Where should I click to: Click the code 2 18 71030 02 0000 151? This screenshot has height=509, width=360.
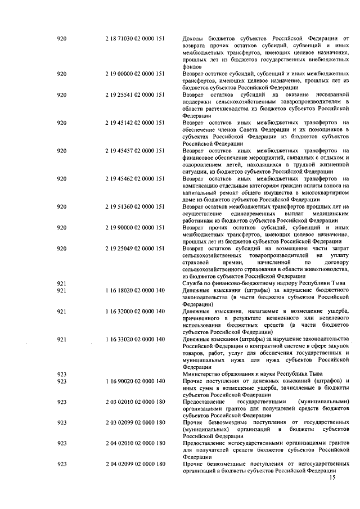click(134, 38)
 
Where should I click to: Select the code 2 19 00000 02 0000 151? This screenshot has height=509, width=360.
click(134, 74)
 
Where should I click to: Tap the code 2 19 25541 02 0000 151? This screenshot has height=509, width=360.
click(134, 95)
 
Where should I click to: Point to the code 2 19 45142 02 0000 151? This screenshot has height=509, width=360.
click(134, 123)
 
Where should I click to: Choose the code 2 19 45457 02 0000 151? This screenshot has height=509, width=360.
click(134, 151)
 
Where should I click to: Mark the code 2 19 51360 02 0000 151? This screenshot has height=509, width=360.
click(134, 207)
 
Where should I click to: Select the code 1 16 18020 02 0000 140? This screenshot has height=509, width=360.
click(134, 290)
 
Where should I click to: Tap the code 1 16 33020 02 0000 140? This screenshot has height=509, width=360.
click(134, 339)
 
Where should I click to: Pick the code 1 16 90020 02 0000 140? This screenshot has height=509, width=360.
click(134, 381)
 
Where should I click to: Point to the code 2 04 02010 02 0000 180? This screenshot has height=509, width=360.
click(134, 443)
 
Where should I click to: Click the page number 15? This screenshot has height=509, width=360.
click(331, 478)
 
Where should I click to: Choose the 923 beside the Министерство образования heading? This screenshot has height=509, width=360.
click(62, 374)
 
